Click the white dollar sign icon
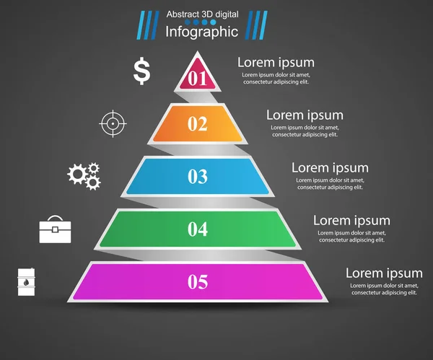[142, 71]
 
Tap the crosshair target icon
[112, 123]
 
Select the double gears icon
[84, 175]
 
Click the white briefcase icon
[56, 229]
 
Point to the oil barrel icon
[26, 281]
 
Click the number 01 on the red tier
[198, 77]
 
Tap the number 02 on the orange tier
[198, 124]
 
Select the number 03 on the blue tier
[198, 176]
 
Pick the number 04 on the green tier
[198, 229]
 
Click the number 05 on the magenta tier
[198, 281]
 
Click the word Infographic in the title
[201, 32]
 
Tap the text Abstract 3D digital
[201, 14]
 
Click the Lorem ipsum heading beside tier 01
[276, 63]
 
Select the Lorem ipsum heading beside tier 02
[305, 115]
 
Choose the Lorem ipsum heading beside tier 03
[330, 168]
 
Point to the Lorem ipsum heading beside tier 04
[351, 221]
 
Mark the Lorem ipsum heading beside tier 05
[384, 273]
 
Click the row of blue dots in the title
[201, 23]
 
